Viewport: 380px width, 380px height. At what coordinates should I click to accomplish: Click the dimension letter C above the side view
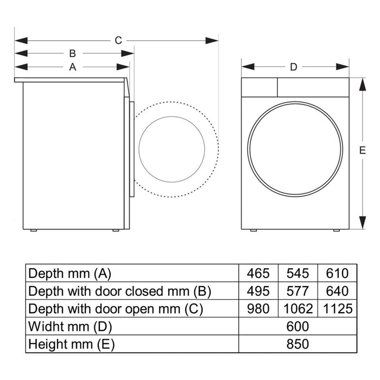pos(118,40)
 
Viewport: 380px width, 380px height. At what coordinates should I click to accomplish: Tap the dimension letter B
pos(72,53)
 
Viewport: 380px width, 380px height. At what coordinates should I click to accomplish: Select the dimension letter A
pos(72,67)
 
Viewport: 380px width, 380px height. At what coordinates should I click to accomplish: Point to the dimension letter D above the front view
pos(294,67)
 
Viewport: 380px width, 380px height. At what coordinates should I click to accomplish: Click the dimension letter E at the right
pos(363,151)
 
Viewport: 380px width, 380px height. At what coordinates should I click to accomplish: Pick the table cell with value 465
pos(258,273)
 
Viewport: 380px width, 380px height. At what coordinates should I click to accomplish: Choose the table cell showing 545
pos(298,273)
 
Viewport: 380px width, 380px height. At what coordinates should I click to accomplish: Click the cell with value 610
pos(337,273)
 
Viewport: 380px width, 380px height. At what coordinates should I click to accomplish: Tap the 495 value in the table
pos(258,291)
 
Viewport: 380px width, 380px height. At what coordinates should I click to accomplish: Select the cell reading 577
pos(298,291)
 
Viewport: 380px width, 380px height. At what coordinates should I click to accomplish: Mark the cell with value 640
pos(337,291)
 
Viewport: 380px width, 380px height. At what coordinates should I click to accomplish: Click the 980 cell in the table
pos(258,309)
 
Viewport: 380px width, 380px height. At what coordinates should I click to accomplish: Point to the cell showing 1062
pos(298,309)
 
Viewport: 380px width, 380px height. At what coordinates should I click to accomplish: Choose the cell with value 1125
pos(337,309)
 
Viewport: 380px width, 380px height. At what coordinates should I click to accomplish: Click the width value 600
pos(297,326)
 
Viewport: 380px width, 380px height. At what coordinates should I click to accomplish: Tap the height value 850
pos(297,344)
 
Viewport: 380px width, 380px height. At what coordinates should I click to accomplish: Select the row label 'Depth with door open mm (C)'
pos(115,309)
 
